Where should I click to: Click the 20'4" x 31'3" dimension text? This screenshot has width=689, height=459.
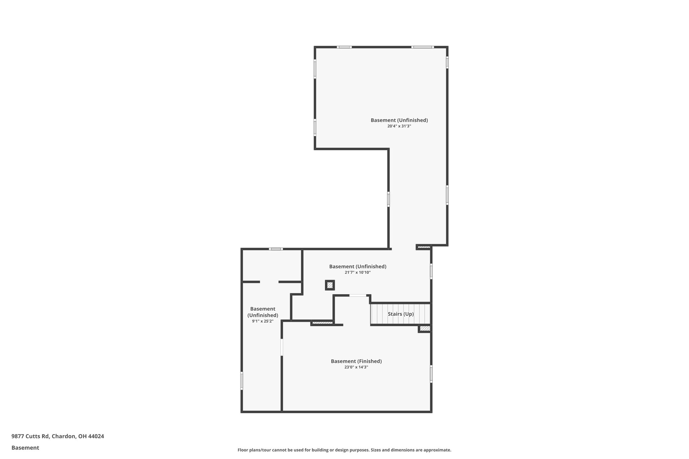[x=399, y=126]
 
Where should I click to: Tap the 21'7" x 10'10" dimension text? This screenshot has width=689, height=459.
[x=358, y=273]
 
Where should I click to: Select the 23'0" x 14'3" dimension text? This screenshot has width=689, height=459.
[x=356, y=367]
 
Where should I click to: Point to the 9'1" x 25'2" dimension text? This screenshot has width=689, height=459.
[x=263, y=321]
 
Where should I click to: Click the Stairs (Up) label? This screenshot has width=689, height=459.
[x=401, y=314]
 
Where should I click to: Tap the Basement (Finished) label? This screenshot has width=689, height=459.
[x=356, y=361]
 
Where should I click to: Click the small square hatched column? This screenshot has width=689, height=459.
[x=330, y=285]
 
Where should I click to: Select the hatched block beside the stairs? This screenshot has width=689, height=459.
[x=425, y=328]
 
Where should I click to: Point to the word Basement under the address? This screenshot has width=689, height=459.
[x=25, y=448]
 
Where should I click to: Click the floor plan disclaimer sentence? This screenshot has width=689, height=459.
[x=344, y=450]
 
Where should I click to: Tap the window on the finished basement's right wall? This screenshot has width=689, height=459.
[x=431, y=374]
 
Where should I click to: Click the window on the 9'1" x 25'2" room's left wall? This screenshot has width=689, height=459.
[x=242, y=381]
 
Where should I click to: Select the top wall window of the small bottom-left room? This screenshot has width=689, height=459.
[x=276, y=249]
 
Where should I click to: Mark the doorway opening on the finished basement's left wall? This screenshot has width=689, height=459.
[x=282, y=347]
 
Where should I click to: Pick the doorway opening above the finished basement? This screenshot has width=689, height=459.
[x=358, y=296]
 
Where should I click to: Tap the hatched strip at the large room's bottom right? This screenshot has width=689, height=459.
[x=424, y=247]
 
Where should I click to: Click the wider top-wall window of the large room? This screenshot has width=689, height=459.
[x=423, y=47]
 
